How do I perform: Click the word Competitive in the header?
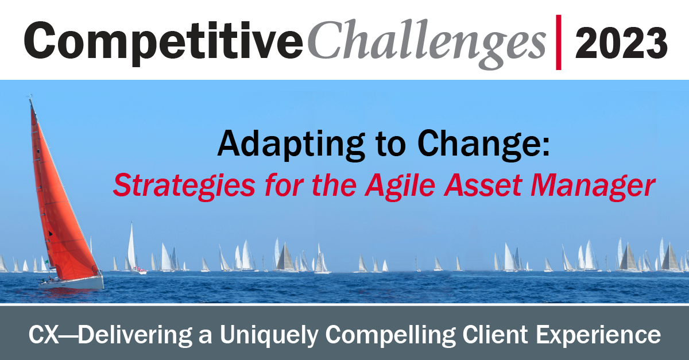pos(164,42)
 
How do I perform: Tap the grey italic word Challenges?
pos(427,43)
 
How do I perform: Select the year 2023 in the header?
pos(621,43)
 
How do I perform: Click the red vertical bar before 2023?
pos(559,42)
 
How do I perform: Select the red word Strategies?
pos(184,185)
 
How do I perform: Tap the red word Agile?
pos(400,185)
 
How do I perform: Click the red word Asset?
pos(483,185)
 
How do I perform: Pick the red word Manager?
pos(593,185)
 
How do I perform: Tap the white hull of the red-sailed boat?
pos(72,283)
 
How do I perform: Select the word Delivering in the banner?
pos(135,335)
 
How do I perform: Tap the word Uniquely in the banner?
pos(269,335)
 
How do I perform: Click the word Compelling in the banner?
pos(390,335)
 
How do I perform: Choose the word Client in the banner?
pos(495,334)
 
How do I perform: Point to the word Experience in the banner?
pos(598,335)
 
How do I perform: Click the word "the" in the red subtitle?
pos(334,185)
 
